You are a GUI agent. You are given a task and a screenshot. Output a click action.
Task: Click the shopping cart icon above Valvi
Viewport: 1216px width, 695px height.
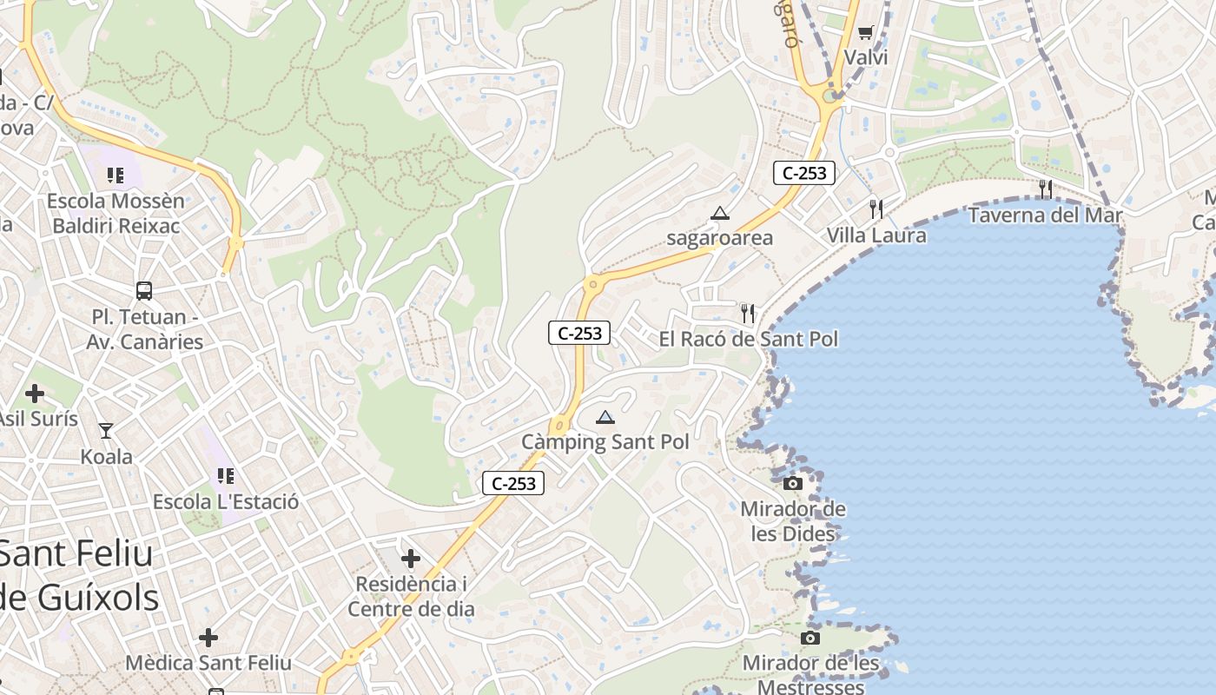(x=865, y=33)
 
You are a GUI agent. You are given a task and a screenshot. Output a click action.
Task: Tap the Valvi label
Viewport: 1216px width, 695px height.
(x=866, y=58)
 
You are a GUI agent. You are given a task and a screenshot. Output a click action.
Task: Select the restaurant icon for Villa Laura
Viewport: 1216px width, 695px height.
(x=876, y=209)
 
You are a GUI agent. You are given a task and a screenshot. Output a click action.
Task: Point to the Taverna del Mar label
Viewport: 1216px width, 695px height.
(x=1045, y=215)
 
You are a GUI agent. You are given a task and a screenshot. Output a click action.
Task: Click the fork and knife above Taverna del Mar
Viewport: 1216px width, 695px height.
(x=1045, y=189)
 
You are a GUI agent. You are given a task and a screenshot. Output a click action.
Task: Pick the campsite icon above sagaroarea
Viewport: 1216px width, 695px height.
(x=719, y=213)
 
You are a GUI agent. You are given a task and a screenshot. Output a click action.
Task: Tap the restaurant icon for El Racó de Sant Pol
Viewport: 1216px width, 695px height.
(x=748, y=313)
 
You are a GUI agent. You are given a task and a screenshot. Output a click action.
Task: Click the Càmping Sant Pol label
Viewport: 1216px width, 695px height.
(x=605, y=442)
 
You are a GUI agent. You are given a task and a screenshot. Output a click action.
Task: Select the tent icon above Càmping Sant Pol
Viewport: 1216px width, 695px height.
(x=605, y=417)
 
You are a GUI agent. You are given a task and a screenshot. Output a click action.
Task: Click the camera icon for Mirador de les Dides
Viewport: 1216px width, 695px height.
(x=793, y=483)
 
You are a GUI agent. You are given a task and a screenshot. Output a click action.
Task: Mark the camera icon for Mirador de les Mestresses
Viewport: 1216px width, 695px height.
(x=810, y=639)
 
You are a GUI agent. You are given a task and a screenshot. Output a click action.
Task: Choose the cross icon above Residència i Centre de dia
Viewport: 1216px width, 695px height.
(x=411, y=558)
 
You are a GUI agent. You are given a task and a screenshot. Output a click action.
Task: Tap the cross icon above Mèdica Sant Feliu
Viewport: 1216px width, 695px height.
(x=208, y=638)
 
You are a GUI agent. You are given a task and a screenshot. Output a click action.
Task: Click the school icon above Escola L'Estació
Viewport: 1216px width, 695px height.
(x=226, y=476)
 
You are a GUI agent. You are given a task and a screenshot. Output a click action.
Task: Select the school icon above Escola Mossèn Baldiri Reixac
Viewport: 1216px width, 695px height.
(x=116, y=175)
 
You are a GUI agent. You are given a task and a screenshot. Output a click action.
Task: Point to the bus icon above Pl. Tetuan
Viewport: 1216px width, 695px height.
(x=144, y=291)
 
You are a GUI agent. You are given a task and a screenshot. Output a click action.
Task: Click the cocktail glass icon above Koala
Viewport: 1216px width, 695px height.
(x=106, y=430)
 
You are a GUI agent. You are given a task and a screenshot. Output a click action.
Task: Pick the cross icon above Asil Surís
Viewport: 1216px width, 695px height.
(x=35, y=394)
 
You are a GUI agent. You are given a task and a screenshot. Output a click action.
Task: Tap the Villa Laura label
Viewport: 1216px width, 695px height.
(x=876, y=235)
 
